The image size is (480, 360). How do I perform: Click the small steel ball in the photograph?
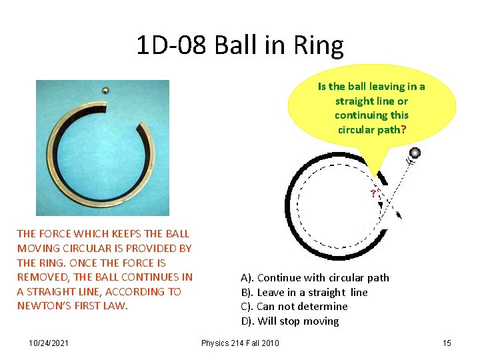(105, 91)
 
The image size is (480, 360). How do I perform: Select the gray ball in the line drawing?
(414, 153)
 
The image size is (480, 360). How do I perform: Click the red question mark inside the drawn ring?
(373, 194)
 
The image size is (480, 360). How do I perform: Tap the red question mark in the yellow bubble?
(400, 129)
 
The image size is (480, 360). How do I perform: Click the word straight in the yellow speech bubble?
(354, 101)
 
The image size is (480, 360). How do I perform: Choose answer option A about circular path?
(315, 277)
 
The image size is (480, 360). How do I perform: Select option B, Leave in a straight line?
(304, 292)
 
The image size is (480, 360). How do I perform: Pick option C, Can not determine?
(294, 307)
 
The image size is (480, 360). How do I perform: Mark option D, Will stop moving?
(289, 321)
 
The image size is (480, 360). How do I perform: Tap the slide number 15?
(447, 343)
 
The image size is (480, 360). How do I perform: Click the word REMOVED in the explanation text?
(41, 277)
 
